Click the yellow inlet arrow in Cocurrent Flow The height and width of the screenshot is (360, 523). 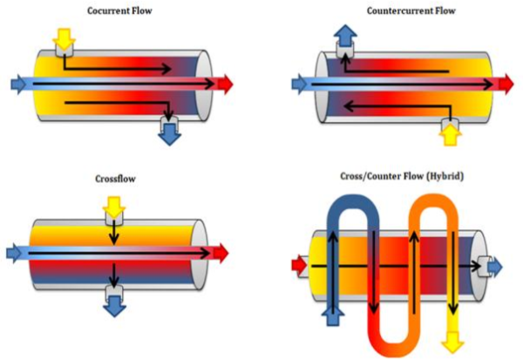(x=63, y=37)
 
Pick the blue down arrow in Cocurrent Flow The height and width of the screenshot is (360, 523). (x=167, y=132)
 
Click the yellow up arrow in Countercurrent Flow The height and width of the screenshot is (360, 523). (x=450, y=133)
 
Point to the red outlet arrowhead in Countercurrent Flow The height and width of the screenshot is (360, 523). (x=506, y=84)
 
